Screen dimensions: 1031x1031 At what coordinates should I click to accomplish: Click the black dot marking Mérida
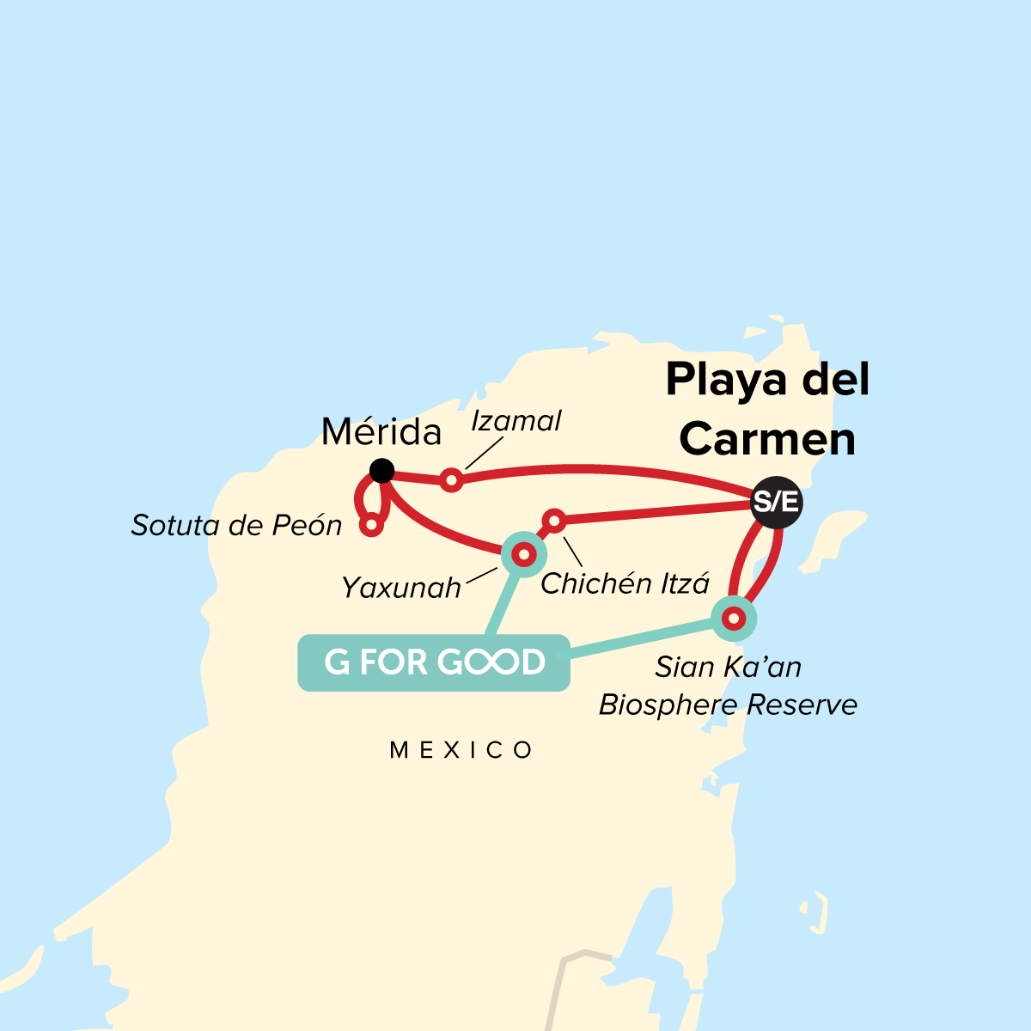[381, 470]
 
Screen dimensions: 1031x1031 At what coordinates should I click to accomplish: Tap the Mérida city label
[381, 431]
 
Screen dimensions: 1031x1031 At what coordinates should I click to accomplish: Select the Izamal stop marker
[451, 480]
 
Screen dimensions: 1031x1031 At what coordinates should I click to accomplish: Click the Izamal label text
[516, 421]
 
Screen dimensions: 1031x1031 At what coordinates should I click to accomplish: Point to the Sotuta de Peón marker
[371, 524]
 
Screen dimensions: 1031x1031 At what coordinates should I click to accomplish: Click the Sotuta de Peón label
[236, 525]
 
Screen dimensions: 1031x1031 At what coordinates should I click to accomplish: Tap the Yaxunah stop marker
[522, 555]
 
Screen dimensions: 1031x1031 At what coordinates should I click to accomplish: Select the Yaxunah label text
[401, 588]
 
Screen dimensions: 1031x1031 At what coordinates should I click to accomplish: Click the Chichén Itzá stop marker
[554, 521]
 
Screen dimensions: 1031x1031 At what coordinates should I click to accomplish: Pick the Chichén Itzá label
[625, 584]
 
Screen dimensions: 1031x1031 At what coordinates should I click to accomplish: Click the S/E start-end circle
[776, 502]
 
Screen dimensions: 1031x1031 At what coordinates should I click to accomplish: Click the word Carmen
[767, 439]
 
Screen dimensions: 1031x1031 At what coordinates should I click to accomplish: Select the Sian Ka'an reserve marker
[733, 618]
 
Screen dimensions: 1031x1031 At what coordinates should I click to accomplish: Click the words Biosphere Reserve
[728, 705]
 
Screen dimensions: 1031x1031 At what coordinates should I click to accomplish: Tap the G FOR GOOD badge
[434, 662]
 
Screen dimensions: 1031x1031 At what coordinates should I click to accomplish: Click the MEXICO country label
[461, 750]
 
